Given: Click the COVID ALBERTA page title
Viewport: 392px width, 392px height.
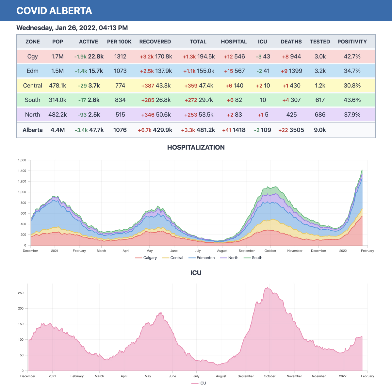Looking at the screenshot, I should tap(54, 11).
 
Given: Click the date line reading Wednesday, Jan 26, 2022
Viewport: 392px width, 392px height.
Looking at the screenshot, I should tap(72, 28).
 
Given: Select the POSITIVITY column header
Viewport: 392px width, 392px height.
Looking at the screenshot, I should tap(352, 42).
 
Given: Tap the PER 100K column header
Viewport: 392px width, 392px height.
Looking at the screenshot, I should tap(119, 42).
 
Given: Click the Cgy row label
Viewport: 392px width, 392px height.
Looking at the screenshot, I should tap(32, 57).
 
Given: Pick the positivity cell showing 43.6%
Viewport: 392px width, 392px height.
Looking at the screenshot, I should tap(352, 100).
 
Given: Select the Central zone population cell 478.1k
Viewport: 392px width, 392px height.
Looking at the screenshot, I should tap(57, 86).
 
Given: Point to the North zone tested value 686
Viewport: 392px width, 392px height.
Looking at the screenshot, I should tap(320, 115).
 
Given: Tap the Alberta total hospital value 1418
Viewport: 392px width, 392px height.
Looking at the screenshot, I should tap(239, 130).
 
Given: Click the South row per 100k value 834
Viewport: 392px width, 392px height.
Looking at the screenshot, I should tap(120, 100).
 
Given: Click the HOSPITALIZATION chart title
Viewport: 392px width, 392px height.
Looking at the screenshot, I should tap(196, 147).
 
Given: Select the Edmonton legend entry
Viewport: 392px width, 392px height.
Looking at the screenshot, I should tap(205, 258).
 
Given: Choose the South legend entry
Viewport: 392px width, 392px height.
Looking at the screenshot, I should tap(256, 258).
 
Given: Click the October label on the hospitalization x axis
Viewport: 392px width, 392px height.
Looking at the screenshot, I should tap(270, 251).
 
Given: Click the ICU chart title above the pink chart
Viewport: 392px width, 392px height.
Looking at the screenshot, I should tap(196, 273).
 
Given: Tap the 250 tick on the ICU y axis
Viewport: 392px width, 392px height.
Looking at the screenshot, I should tap(21, 293).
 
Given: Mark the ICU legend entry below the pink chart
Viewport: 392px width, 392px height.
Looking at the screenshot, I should tap(203, 383).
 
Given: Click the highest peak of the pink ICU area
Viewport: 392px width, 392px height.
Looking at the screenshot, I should tap(268, 288).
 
